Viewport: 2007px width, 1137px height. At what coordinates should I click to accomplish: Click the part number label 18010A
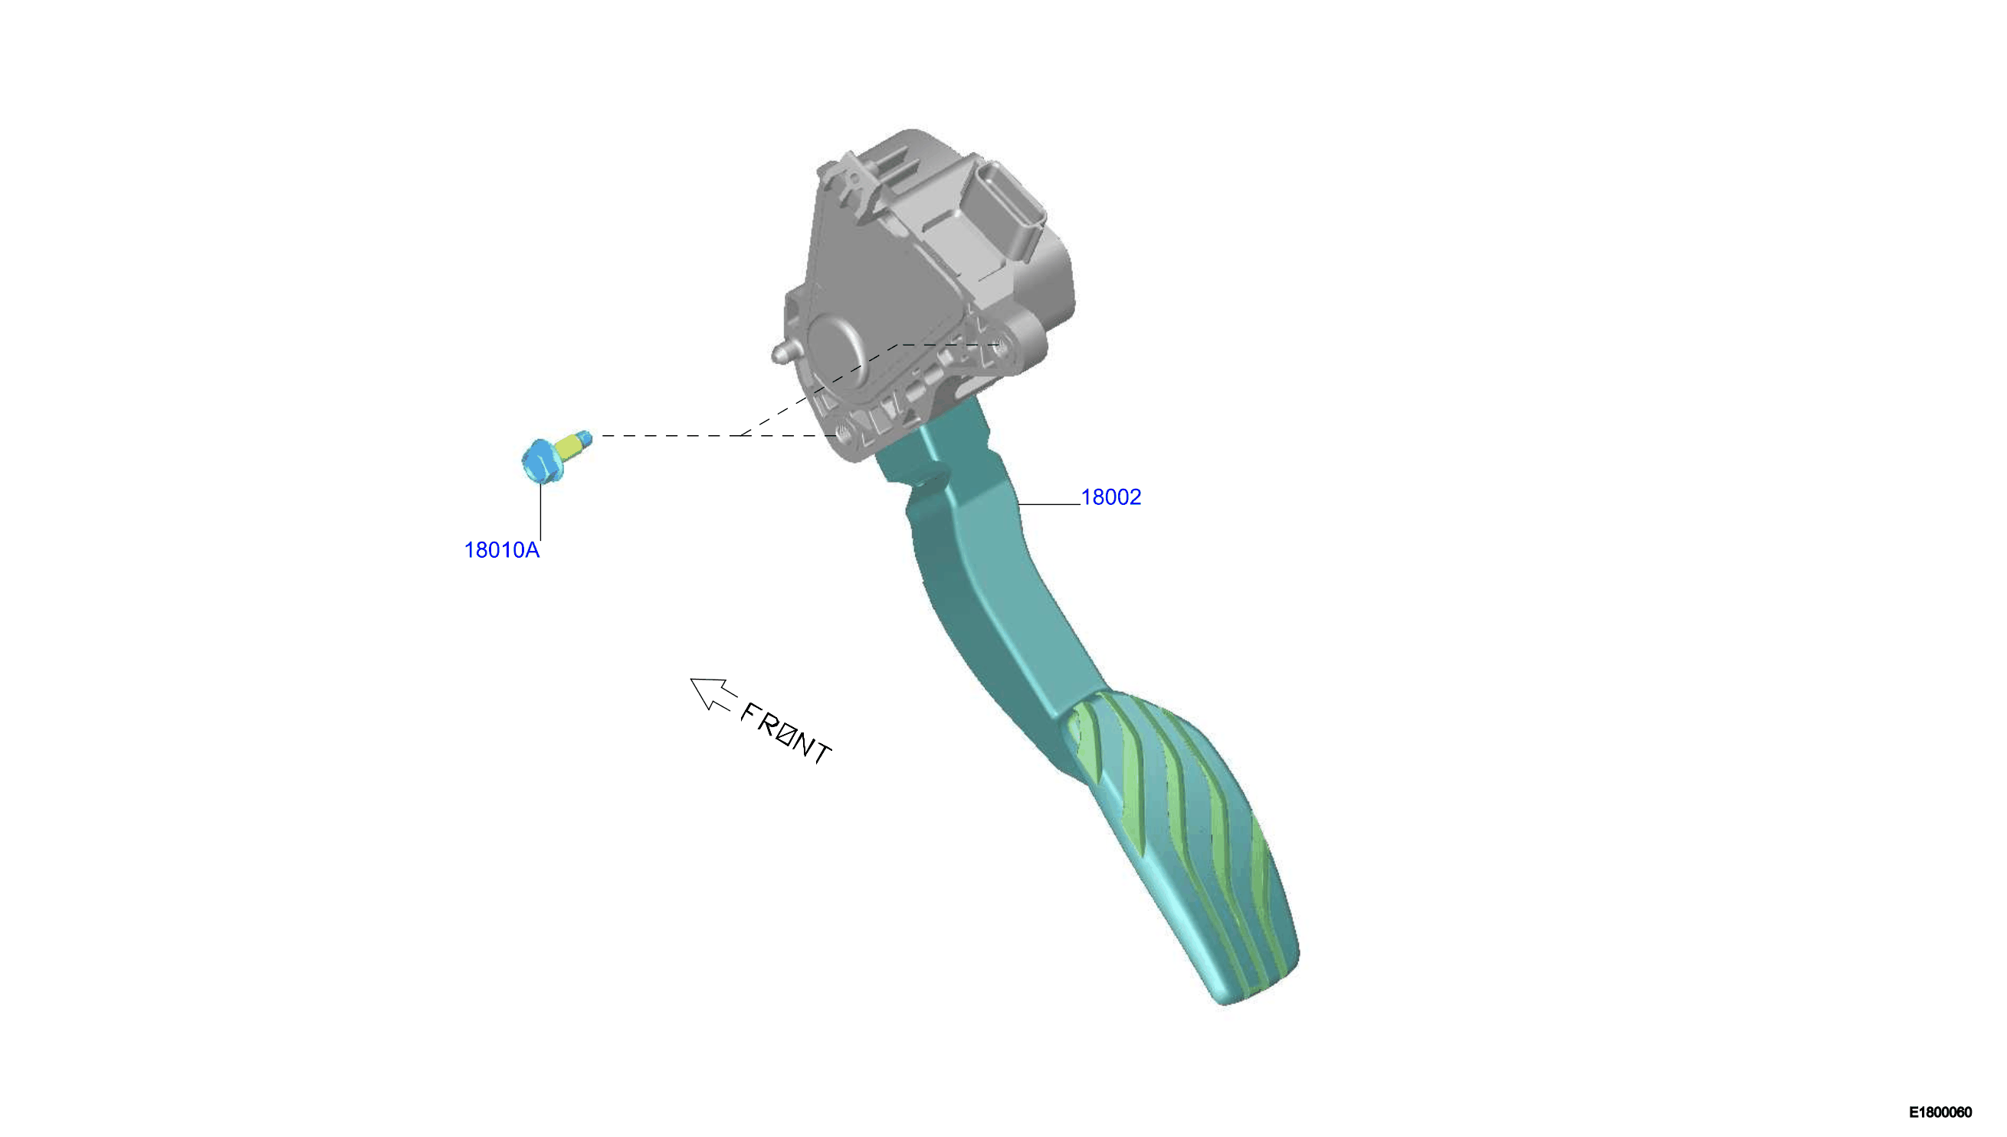click(501, 551)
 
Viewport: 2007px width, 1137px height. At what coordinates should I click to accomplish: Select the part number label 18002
click(1110, 497)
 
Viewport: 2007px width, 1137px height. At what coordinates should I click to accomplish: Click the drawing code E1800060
click(1940, 1112)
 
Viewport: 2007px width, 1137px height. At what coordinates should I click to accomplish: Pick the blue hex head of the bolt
click(539, 461)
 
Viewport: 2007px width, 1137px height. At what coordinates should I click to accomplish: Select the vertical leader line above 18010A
click(540, 512)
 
